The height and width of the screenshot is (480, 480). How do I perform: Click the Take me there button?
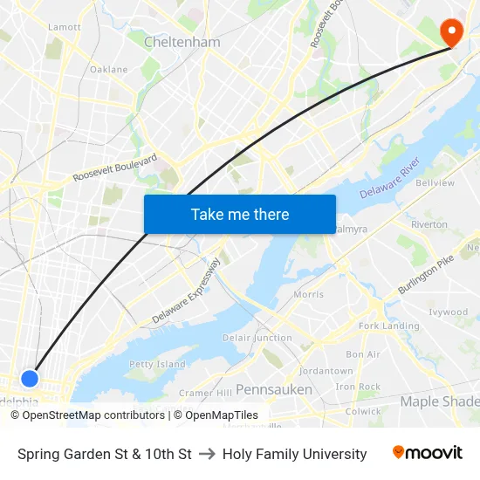(x=240, y=214)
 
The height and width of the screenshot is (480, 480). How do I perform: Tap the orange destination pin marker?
(x=451, y=33)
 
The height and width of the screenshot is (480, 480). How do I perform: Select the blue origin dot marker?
(x=30, y=378)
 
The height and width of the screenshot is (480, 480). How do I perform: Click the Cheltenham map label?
(x=182, y=42)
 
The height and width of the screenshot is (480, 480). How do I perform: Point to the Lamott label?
(x=65, y=27)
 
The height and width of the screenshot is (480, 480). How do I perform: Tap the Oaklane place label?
(x=108, y=69)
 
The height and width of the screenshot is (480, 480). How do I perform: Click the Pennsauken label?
(x=274, y=389)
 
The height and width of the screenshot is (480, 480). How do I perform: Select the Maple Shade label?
(x=439, y=401)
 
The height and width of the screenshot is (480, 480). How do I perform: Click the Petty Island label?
(x=157, y=364)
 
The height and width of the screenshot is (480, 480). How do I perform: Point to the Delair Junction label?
(x=257, y=338)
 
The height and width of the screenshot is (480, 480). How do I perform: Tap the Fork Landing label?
(x=388, y=326)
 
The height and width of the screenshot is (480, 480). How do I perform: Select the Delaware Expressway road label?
(x=186, y=292)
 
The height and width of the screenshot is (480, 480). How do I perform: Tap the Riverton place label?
(x=429, y=224)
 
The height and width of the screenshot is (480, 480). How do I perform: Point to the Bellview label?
(x=435, y=183)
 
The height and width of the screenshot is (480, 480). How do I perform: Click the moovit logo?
(x=427, y=453)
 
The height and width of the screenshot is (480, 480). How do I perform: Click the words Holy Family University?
(x=294, y=454)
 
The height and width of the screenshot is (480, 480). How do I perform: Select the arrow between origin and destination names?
(x=207, y=454)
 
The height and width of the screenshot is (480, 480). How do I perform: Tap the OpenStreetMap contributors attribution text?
(x=88, y=415)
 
